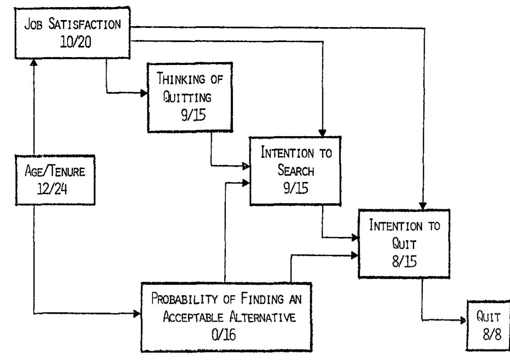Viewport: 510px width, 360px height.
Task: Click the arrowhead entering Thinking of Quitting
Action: (x=144, y=93)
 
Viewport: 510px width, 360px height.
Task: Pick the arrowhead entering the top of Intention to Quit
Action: (x=423, y=206)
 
